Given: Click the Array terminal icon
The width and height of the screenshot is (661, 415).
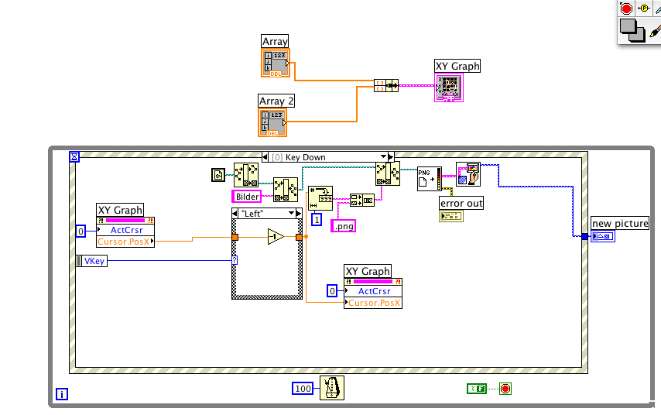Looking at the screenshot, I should (275, 62).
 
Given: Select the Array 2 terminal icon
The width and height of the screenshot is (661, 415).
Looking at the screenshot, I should (272, 122).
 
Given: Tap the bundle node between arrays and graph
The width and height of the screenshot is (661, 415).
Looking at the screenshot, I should (385, 84).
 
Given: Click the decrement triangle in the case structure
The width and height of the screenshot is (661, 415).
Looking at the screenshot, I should (276, 237).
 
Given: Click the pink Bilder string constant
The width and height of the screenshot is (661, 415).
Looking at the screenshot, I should (247, 197).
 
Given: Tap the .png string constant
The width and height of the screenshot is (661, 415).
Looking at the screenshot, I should (342, 225).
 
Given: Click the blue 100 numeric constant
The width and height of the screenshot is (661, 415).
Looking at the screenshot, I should (303, 388).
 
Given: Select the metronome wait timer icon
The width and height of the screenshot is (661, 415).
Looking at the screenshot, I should (332, 388).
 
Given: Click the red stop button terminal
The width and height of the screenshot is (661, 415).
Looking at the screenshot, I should (505, 389).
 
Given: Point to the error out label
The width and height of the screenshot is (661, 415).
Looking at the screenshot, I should (461, 204).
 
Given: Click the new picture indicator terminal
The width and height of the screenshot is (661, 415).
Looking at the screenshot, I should (602, 236).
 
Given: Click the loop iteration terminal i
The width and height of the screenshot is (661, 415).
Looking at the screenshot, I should (62, 394).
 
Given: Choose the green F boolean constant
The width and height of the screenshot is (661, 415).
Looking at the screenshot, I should (477, 389).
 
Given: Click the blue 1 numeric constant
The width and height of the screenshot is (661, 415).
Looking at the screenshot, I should (316, 220).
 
